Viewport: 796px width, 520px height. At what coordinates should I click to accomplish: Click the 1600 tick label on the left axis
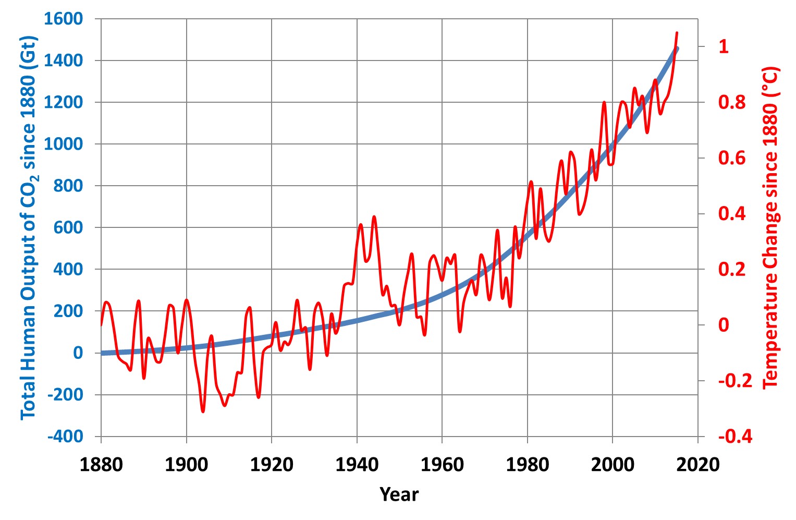63,19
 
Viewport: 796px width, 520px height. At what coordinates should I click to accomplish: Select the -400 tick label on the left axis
65,437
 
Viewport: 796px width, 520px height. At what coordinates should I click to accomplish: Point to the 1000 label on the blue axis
63,144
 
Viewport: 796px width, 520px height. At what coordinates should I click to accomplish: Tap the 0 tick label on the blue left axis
78,353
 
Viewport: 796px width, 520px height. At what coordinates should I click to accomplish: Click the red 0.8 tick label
732,102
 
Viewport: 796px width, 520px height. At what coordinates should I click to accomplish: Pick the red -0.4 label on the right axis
735,437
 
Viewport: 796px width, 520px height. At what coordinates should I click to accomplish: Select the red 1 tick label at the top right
724,46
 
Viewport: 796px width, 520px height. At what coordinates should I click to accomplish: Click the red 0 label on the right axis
724,325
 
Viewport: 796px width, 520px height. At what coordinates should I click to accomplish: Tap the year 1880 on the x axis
101,465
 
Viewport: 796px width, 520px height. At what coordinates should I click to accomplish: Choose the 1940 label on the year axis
357,465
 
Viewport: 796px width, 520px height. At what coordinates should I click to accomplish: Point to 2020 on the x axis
698,465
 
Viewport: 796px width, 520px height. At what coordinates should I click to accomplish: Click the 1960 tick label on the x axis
443,465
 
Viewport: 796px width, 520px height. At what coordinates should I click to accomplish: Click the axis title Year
399,494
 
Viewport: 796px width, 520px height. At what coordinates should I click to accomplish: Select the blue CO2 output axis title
29,228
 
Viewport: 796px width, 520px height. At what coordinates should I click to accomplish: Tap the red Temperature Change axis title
770,227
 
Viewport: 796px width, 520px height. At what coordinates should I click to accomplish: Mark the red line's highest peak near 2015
677,33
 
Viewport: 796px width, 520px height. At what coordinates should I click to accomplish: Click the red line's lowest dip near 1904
203,412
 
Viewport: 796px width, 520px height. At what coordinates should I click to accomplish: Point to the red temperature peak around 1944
374,216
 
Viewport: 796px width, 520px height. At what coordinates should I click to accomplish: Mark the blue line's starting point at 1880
102,353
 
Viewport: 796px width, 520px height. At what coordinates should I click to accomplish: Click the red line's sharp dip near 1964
460,332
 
